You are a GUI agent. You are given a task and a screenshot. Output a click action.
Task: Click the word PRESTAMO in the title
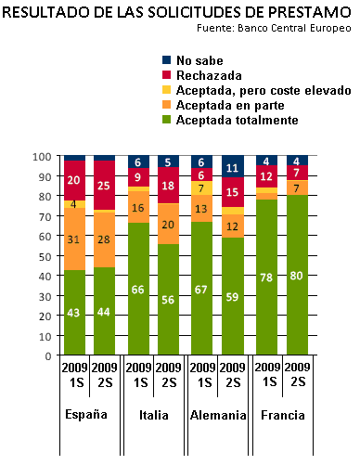309,13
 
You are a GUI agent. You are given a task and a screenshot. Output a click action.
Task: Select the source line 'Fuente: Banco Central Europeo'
274,28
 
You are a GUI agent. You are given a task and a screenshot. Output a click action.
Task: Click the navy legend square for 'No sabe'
166,59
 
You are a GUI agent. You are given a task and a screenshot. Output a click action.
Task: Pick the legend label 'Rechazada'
209,75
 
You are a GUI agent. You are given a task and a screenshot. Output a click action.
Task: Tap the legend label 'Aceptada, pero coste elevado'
264,90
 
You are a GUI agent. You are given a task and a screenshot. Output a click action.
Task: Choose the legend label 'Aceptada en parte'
230,105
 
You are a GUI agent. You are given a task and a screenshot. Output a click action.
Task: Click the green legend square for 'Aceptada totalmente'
166,120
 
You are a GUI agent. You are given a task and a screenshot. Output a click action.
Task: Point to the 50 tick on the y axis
45,256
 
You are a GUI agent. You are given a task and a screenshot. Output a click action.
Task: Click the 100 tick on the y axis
42,157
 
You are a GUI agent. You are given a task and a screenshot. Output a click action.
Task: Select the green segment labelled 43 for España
74,312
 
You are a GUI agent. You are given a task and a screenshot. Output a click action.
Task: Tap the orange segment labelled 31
74,239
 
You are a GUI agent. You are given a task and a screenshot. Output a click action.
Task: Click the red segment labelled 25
104,185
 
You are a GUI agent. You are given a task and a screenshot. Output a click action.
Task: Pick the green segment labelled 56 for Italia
168,299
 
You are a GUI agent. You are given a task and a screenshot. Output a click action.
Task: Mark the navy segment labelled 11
233,166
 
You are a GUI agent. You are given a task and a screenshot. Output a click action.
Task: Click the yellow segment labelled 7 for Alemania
201,187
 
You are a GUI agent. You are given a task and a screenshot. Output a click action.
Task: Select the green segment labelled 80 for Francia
297,275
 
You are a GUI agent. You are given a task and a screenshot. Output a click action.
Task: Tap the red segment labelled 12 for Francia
266,176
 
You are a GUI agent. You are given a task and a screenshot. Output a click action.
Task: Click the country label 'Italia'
154,415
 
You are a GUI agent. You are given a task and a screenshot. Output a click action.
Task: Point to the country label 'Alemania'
218,415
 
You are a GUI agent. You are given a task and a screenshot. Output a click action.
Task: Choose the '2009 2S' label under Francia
297,375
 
